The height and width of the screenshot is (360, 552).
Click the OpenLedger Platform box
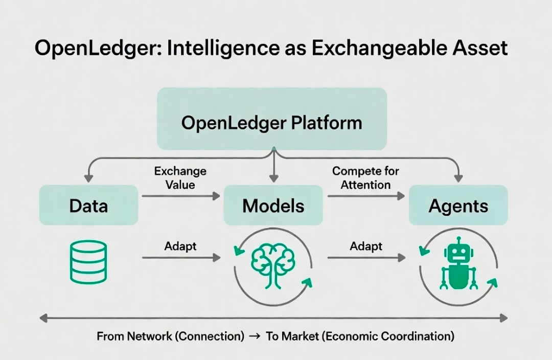click(272, 119)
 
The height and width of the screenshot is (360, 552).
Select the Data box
click(88, 205)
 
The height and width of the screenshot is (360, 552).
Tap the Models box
click(273, 205)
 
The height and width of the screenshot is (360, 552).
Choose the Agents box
click(458, 205)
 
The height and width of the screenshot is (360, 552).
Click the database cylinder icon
click(88, 262)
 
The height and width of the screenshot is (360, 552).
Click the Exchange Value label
click(180, 178)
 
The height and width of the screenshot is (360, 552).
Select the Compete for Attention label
click(365, 178)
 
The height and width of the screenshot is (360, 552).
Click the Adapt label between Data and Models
click(180, 246)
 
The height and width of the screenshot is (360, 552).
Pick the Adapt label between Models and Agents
click(366, 246)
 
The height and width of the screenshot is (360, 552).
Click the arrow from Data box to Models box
click(181, 196)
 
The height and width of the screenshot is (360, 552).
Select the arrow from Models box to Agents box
click(366, 196)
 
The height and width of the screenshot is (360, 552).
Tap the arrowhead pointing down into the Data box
click(88, 178)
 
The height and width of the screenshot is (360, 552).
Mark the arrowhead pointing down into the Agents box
click(458, 178)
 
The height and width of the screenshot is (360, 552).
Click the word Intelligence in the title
click(223, 48)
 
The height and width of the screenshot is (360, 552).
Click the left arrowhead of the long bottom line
click(43, 319)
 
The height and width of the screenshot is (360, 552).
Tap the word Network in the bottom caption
click(149, 336)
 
